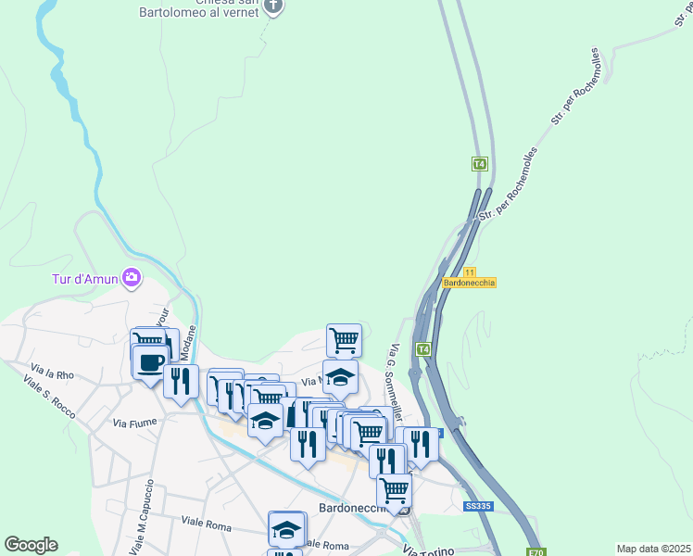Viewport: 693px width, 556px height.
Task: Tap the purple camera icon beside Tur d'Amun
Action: [132, 276]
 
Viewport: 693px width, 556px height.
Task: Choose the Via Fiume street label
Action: [131, 422]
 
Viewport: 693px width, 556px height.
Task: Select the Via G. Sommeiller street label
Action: [401, 366]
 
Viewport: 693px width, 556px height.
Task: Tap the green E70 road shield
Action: [535, 552]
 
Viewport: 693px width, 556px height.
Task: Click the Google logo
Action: [31, 545]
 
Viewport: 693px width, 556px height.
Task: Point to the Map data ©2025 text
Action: [653, 549]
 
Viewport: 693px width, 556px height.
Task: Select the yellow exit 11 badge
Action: [470, 272]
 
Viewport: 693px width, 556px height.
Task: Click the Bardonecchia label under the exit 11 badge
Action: [470, 283]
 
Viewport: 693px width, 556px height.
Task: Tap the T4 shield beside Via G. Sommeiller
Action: [422, 349]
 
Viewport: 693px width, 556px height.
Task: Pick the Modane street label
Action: [190, 342]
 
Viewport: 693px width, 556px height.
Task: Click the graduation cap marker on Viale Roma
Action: [287, 529]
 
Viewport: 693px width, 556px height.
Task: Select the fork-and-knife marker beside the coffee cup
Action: [180, 380]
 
